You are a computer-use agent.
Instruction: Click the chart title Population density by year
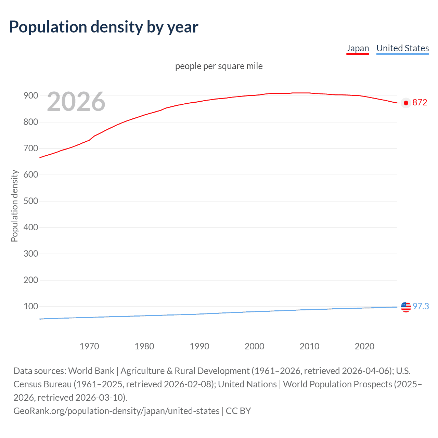(x=104, y=27)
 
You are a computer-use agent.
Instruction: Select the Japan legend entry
(x=358, y=48)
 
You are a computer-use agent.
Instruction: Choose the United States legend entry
(x=402, y=48)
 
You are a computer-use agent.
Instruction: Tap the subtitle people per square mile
(x=219, y=66)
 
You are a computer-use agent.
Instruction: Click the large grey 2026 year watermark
(x=76, y=102)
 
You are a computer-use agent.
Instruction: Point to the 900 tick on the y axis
(x=31, y=96)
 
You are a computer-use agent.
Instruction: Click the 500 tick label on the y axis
(x=31, y=201)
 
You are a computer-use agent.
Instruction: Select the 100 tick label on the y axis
(x=31, y=306)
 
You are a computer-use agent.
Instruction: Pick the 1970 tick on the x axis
(x=89, y=346)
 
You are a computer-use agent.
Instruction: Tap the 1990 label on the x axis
(x=199, y=346)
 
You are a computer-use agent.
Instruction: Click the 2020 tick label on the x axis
(x=364, y=346)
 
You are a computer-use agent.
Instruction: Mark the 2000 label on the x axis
(x=254, y=346)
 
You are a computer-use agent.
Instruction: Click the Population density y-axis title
(x=14, y=206)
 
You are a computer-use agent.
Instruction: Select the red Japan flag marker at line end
(x=406, y=103)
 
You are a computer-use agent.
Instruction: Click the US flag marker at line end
(x=406, y=307)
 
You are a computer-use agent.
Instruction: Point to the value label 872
(x=420, y=103)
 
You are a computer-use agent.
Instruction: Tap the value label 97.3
(x=421, y=306)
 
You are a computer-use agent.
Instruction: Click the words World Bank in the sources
(x=91, y=371)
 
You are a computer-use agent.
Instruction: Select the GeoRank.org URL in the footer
(x=116, y=411)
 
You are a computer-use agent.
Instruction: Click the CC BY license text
(x=239, y=411)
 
